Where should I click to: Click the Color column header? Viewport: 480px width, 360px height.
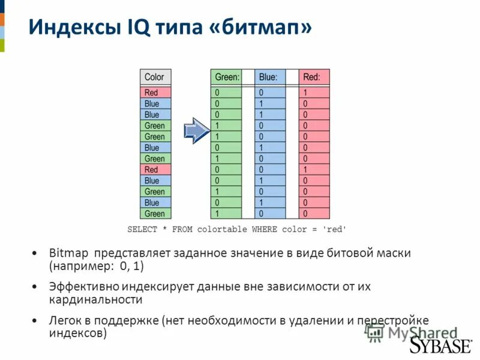click(155, 77)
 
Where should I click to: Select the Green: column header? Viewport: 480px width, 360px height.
click(226, 77)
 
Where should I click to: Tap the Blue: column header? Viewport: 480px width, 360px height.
click(269, 77)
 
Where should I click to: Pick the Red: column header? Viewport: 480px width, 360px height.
click(314, 77)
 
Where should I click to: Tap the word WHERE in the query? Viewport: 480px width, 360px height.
click(265, 229)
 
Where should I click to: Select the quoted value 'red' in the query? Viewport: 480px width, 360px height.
click(334, 229)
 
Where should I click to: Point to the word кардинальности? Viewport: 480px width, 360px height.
click(95, 299)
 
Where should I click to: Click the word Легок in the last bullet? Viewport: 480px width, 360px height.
click(64, 320)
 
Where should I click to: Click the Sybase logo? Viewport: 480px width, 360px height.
click(440, 346)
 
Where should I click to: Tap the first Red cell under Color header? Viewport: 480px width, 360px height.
click(155, 92)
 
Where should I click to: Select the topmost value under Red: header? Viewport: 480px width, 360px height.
click(314, 92)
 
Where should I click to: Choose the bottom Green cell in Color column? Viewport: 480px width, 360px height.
click(155, 214)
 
